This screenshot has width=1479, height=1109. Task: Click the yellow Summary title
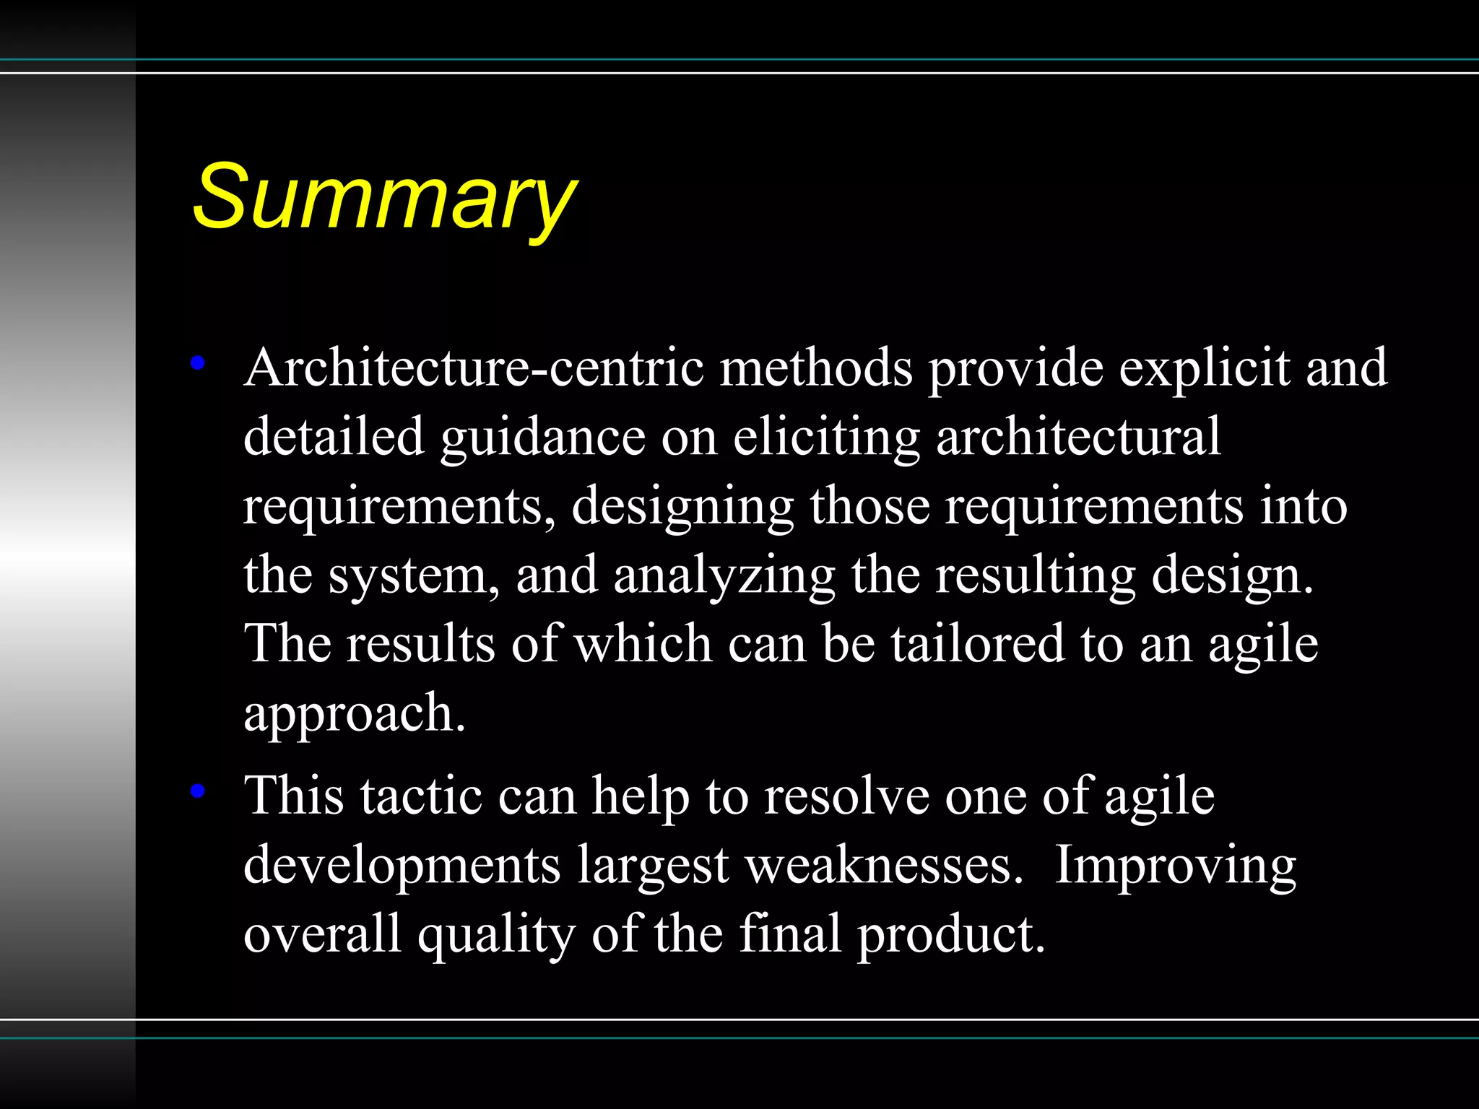[384, 196]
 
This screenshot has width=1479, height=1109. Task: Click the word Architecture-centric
[474, 368]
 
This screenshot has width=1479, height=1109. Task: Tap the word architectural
[1078, 436]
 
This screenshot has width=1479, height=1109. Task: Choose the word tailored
[977, 643]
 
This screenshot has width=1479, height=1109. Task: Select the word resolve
[847, 796]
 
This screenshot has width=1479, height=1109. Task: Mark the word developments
[402, 865]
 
